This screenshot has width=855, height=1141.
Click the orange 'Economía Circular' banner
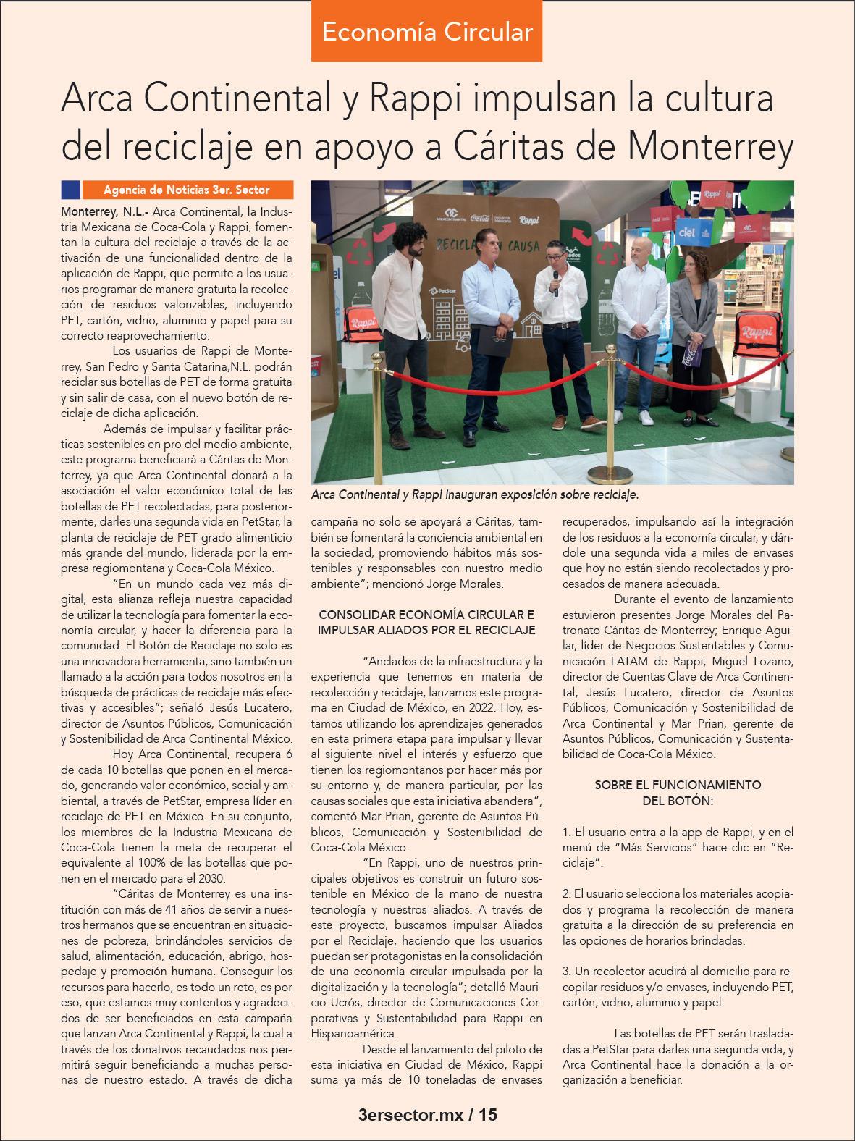[x=427, y=32]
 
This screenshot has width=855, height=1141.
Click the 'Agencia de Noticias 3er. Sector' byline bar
[x=186, y=190]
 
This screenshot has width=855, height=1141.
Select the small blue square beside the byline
[x=71, y=190]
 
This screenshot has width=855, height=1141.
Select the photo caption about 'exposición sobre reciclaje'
[x=474, y=495]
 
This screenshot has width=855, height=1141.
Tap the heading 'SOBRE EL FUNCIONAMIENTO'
[x=677, y=784]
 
